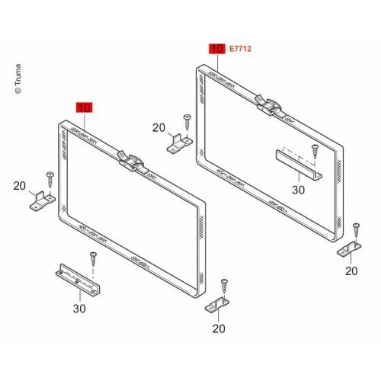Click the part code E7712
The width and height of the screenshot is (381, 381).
[x=240, y=49]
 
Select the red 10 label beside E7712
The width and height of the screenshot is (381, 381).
[x=217, y=49]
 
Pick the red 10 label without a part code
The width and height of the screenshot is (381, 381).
[x=85, y=107]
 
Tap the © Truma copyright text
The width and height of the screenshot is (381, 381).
[x=18, y=78]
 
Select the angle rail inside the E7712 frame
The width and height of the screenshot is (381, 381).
[x=299, y=165]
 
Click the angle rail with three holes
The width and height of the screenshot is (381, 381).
[x=78, y=280]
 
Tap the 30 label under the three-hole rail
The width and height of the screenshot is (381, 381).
[x=79, y=309]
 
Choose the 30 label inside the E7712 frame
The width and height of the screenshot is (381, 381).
[x=298, y=190]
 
